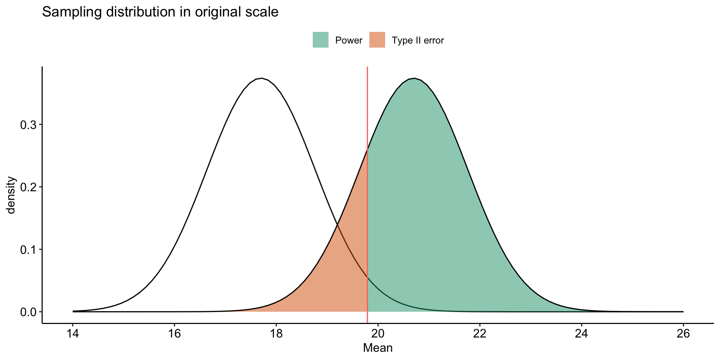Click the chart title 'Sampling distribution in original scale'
coord(160,12)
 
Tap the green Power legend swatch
coord(321,40)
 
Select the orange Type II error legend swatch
coord(377,40)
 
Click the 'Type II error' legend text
coord(418,40)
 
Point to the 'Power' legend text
coord(349,40)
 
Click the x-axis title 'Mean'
coord(378,348)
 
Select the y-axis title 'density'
coord(11,195)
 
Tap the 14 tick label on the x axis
coord(73,334)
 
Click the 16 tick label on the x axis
coord(174,334)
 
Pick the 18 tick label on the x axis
coord(276,334)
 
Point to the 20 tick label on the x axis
coord(378,334)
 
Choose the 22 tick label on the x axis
coord(480,334)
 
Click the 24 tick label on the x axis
coord(582,334)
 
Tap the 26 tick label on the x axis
coord(683,334)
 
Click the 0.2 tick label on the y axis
coord(28,187)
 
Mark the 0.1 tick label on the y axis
coord(28,249)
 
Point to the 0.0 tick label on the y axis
coord(28,312)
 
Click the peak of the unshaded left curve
coord(262,78)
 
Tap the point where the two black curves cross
coord(338,224)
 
